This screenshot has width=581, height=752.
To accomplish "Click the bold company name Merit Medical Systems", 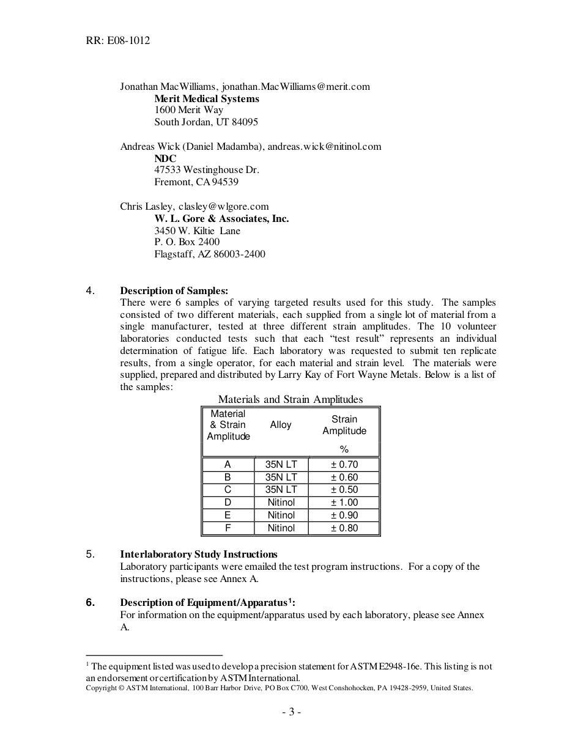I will pyautogui.click(x=206, y=98).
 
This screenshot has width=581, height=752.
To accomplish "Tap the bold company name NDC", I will pyautogui.click(x=165, y=158).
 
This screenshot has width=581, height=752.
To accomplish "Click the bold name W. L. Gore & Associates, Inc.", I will pyautogui.click(x=221, y=218).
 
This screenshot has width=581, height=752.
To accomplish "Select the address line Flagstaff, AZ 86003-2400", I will pyautogui.click(x=210, y=254).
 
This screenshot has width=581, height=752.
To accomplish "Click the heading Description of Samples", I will pyautogui.click(x=174, y=291).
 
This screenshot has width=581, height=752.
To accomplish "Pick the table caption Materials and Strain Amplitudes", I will pyautogui.click(x=290, y=400).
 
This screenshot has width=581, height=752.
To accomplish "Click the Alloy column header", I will pyautogui.click(x=281, y=425).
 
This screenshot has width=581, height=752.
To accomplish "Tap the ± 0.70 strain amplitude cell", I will pyautogui.click(x=344, y=465).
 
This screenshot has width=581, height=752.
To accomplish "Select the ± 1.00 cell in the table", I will pyautogui.click(x=344, y=503).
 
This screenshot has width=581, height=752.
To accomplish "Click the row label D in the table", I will pyautogui.click(x=228, y=503).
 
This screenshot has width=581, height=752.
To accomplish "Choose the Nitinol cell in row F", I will pyautogui.click(x=281, y=528).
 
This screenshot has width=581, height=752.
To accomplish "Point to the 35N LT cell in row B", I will pyautogui.click(x=281, y=477).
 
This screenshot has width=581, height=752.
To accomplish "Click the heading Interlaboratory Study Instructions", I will pyautogui.click(x=198, y=555).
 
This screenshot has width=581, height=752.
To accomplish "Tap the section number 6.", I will pyautogui.click(x=90, y=603).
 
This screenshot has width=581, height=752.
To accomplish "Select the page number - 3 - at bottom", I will pyautogui.click(x=291, y=712).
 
